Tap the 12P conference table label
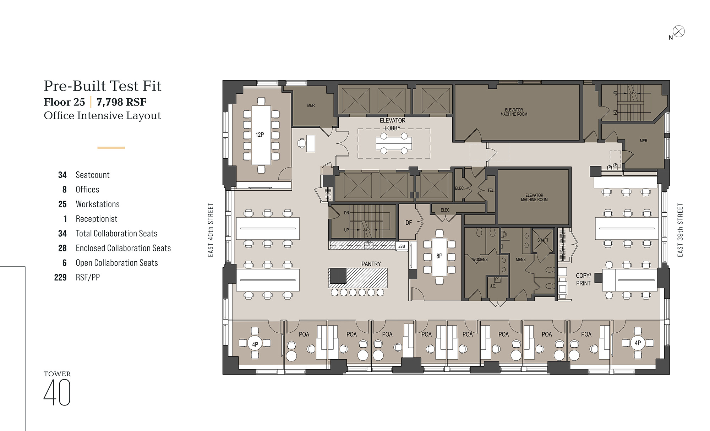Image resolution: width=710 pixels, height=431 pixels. pos(260,135)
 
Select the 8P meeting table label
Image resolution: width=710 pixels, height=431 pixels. pos(439,256)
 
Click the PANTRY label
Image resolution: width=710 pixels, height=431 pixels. pos(371,264)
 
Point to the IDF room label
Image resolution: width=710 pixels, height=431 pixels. pos(408,223)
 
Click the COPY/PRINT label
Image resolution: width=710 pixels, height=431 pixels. pos(583,279)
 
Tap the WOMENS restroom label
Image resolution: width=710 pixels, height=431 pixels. pos(480,260)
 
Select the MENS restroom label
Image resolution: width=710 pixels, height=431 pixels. pos(521,260)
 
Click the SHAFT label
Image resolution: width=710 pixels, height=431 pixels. pos(543,240)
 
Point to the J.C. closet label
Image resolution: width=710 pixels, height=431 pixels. pos(493,286)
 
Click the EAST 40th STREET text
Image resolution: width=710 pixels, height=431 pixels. pos(211,230)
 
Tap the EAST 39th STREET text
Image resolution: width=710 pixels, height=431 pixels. pos(680,230)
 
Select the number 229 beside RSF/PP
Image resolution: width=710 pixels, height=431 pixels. pos(60,278)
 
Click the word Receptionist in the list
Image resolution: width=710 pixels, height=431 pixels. pos(97,219)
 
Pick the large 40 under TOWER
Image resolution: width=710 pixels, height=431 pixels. pos(57,392)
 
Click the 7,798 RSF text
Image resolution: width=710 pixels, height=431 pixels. pos(121,102)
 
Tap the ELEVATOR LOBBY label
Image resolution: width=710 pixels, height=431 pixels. pos(393,124)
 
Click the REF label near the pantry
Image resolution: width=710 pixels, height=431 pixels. pos(402,246)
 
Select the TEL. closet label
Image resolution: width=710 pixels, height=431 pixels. pos(491,191)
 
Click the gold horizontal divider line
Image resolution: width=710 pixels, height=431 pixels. pos(111,147)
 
